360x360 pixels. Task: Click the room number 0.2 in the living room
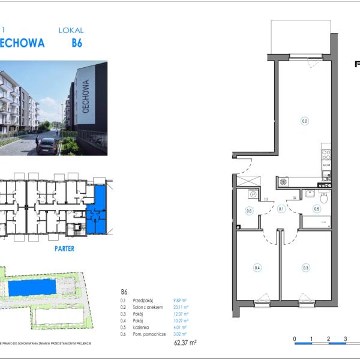[304, 121]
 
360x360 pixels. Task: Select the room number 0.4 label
[257, 268]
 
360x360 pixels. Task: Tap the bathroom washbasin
[309, 193]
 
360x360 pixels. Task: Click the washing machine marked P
[253, 194]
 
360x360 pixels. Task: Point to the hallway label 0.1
[281, 209]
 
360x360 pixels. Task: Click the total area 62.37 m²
[185, 343]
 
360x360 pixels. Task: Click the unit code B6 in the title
[77, 43]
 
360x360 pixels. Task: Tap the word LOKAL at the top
[71, 30]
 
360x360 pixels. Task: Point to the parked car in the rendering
[47, 146]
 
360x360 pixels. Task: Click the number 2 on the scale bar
[328, 339]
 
